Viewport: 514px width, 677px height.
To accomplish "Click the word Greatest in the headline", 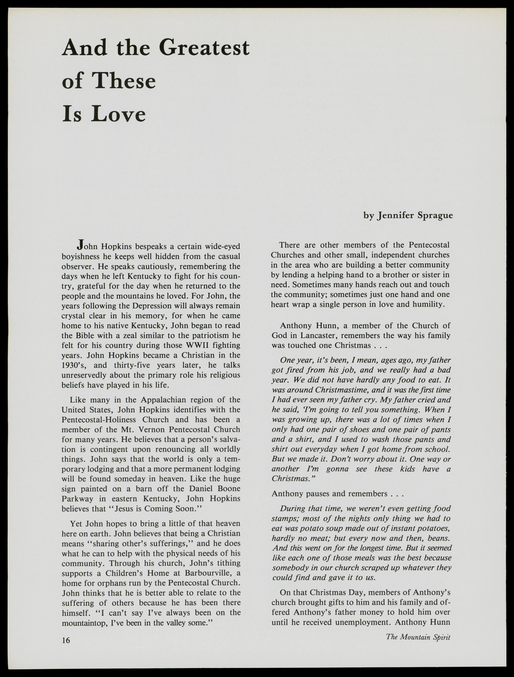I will (204, 48).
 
